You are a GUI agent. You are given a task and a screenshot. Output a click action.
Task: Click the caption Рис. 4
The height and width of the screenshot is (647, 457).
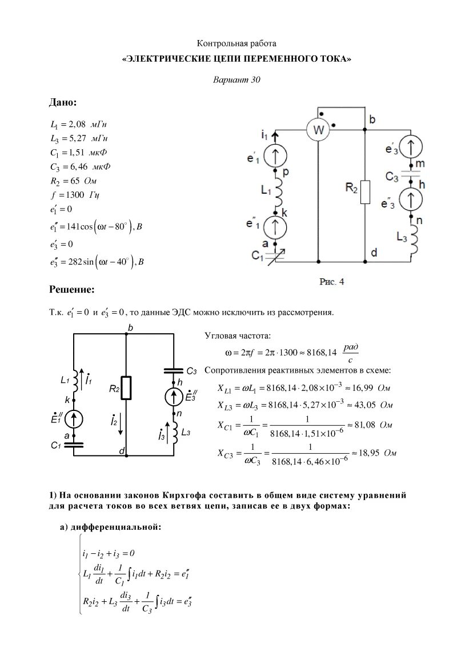[331, 282]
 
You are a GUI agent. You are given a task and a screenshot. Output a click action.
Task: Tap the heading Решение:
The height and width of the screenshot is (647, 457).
[71, 290]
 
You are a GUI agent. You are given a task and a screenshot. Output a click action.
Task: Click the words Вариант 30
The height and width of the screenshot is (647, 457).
[236, 80]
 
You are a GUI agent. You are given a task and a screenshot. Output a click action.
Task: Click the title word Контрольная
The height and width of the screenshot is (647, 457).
[218, 43]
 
